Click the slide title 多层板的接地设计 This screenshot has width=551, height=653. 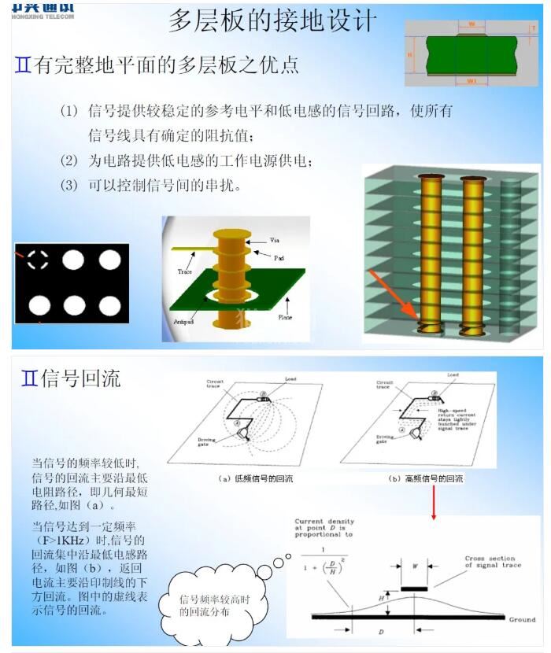pyautogui.click(x=272, y=20)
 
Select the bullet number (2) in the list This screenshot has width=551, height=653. pyautogui.click(x=70, y=161)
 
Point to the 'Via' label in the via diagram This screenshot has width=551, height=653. pyautogui.click(x=274, y=239)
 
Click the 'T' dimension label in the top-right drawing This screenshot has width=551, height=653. pyautogui.click(x=534, y=28)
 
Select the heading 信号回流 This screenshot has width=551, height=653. pyautogui.click(x=71, y=378)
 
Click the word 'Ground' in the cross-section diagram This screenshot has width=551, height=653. pyautogui.click(x=520, y=620)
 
